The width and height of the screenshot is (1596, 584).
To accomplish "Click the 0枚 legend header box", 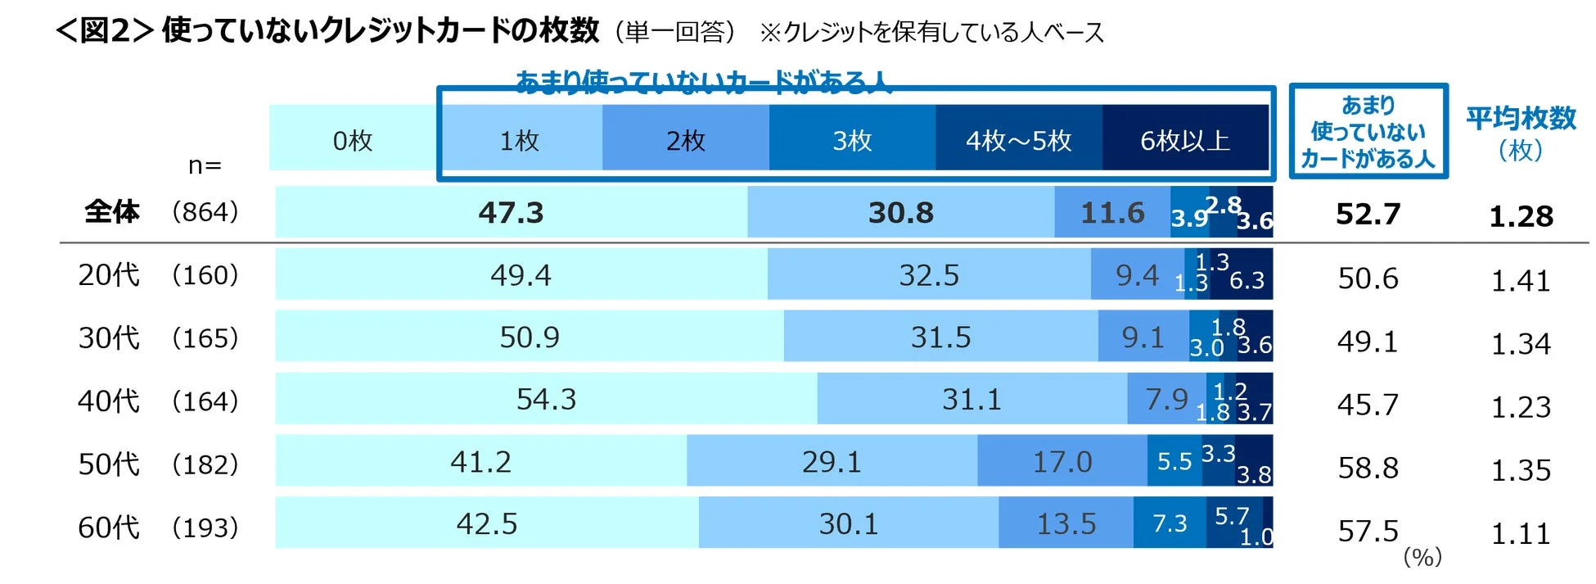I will (x=353, y=140).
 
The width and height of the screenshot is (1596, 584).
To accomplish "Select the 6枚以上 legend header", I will (x=1184, y=140).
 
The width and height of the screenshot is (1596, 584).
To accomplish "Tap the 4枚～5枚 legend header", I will (x=1018, y=140).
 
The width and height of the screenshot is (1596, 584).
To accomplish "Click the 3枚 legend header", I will (x=852, y=140).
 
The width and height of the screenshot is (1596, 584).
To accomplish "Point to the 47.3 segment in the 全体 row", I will (x=511, y=212).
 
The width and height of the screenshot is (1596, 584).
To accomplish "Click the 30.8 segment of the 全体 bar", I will (x=900, y=212).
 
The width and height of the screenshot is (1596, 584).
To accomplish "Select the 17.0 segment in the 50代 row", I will (x=1062, y=461).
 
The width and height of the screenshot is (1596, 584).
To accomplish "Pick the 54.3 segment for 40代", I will (x=546, y=399).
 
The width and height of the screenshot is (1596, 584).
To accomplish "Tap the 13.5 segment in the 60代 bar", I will (x=1066, y=523).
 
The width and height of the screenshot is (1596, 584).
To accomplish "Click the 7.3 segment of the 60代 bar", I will (x=1169, y=523).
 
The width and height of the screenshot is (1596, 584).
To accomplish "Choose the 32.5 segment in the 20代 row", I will (x=928, y=274).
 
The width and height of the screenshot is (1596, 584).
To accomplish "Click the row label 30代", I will (x=108, y=337).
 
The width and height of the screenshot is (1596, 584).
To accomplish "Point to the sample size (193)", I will (x=205, y=527).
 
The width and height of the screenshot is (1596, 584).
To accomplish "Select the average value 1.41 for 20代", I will (x=1520, y=281).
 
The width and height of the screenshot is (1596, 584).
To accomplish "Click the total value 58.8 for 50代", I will (x=1368, y=468).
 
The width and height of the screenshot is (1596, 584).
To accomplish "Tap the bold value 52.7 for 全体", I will (x=1368, y=214).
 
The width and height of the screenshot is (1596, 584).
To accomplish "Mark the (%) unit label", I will (x=1422, y=557).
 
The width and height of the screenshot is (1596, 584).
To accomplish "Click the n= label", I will (x=205, y=165).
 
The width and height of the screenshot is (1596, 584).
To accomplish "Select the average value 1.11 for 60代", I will (x=1520, y=534).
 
